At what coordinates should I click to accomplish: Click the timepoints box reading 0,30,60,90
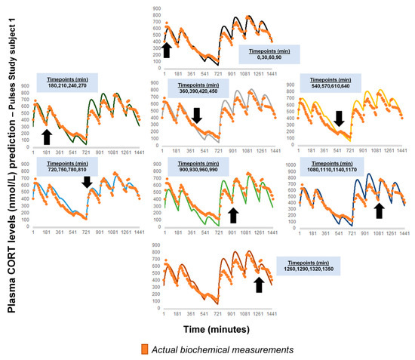[270, 54]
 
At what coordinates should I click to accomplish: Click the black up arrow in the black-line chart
[166, 50]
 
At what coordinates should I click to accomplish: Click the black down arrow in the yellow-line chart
[339, 118]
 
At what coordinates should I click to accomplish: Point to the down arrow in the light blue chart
[87, 183]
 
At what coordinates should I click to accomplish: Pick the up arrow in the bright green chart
[232, 216]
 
